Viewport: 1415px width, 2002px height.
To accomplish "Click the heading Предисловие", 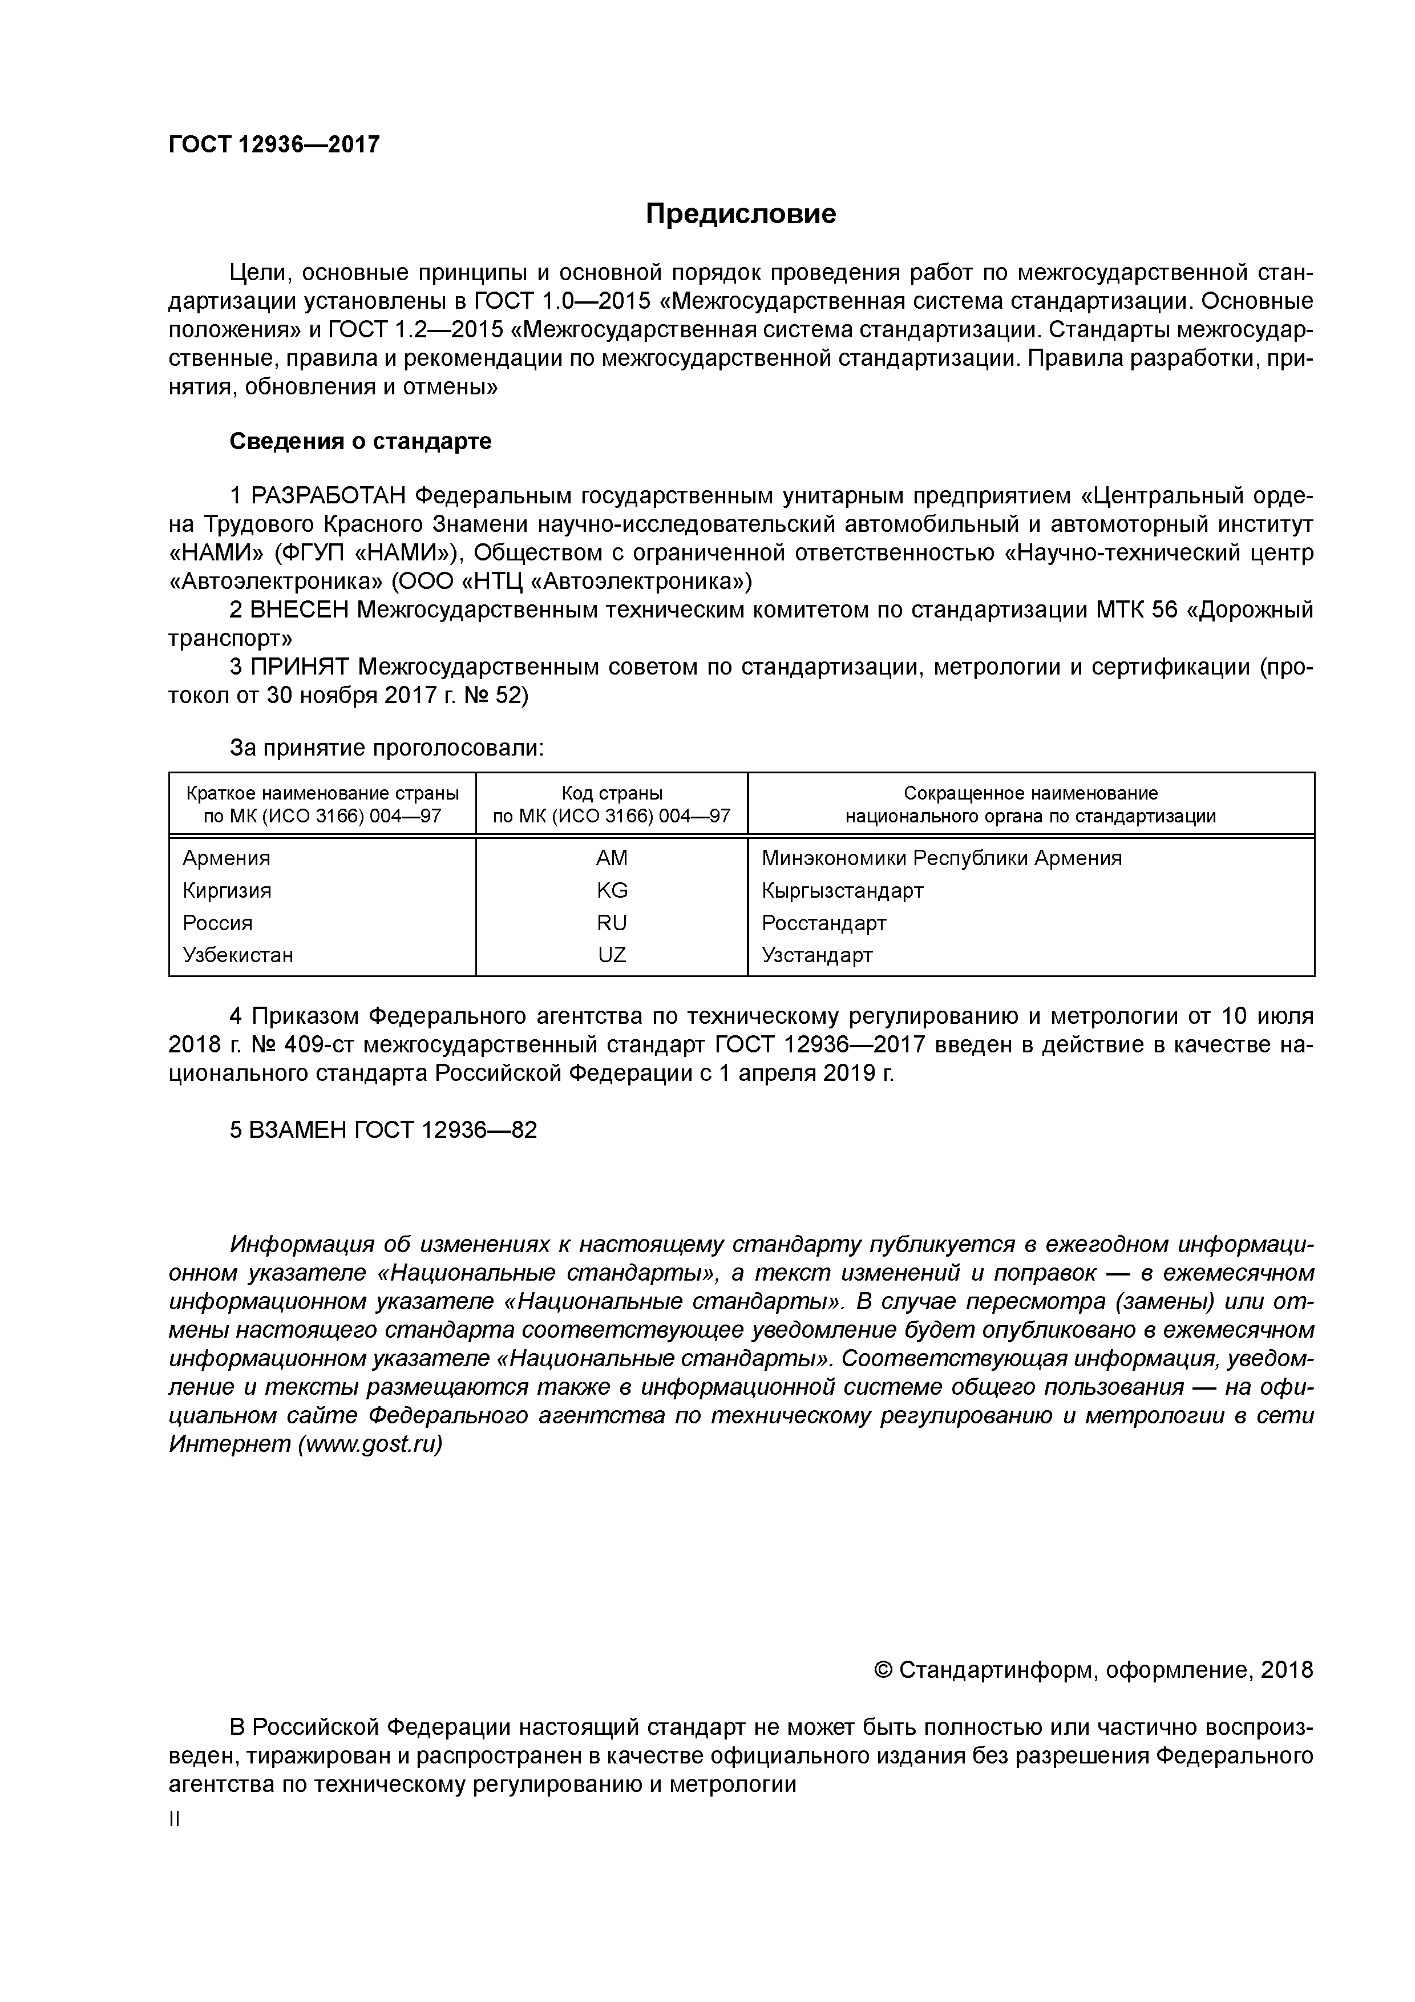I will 740,213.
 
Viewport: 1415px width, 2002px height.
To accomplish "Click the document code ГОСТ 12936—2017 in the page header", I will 274,145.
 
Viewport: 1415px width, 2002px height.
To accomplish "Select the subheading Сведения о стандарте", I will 360,441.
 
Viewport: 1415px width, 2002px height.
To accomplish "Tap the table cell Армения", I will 227,858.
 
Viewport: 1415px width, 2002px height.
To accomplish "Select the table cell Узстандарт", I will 817,955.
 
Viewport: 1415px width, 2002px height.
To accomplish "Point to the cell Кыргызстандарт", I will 842,890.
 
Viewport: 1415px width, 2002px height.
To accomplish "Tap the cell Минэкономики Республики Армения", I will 941,858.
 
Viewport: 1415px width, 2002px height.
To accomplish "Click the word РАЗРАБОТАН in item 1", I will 329,496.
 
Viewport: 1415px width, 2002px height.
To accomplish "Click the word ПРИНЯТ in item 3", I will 300,667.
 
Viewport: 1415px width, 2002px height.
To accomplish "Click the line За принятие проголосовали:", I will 386,748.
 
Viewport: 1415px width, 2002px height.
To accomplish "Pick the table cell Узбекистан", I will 238,955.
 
